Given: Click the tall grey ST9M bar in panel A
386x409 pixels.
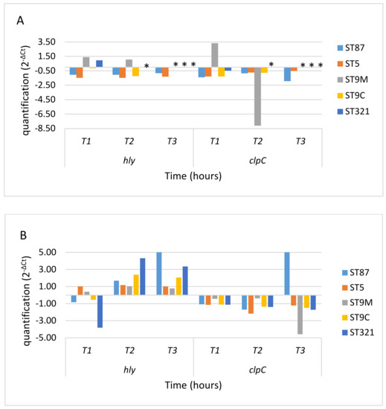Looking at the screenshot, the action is point(257,97).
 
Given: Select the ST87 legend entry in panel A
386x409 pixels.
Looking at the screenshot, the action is point(350,48).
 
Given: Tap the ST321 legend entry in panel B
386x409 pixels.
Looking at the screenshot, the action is point(358,332).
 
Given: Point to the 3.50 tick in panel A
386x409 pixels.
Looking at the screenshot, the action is point(47,42).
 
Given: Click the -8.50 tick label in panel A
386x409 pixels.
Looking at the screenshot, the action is point(45,129).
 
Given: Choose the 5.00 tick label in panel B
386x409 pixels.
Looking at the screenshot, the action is point(48,252).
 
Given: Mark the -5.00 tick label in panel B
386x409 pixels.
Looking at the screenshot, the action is point(46,338).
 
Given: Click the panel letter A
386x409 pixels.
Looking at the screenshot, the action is point(20,20).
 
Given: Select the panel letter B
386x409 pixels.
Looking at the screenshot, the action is point(23,235).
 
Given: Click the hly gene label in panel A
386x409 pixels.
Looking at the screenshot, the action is point(129,161).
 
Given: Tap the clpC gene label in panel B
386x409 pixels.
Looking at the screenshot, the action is point(257,370).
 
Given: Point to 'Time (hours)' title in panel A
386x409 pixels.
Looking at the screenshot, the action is point(193,176).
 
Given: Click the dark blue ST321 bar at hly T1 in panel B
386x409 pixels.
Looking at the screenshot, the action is point(100,311).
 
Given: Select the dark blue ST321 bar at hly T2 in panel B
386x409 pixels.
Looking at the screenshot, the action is point(142,277).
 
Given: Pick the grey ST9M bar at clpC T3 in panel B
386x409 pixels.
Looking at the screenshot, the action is point(300,315).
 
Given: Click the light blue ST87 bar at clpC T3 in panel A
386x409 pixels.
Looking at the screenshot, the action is point(287,74).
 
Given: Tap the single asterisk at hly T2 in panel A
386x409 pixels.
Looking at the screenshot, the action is point(147,65).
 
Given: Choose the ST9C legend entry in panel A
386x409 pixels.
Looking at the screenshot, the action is point(351,96).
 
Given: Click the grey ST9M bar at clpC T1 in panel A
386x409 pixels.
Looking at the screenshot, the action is point(215,55).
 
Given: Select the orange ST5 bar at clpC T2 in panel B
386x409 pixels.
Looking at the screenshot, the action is point(251,304).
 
